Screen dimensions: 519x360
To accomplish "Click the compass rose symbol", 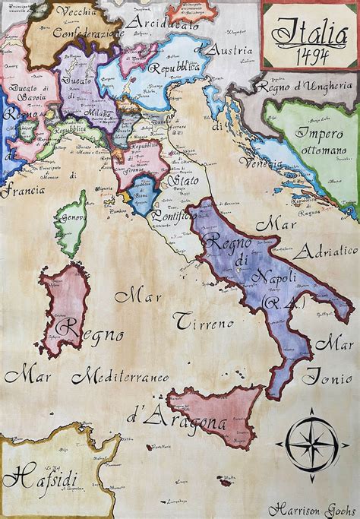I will click(x=311, y=441).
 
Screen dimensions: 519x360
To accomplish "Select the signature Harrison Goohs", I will click(x=311, y=509).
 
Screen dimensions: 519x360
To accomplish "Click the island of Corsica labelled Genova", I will click(x=71, y=222).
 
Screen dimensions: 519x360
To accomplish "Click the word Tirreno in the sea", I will click(x=204, y=323).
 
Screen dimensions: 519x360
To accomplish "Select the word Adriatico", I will click(x=326, y=252).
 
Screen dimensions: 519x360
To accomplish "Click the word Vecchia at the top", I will click(x=74, y=13).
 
